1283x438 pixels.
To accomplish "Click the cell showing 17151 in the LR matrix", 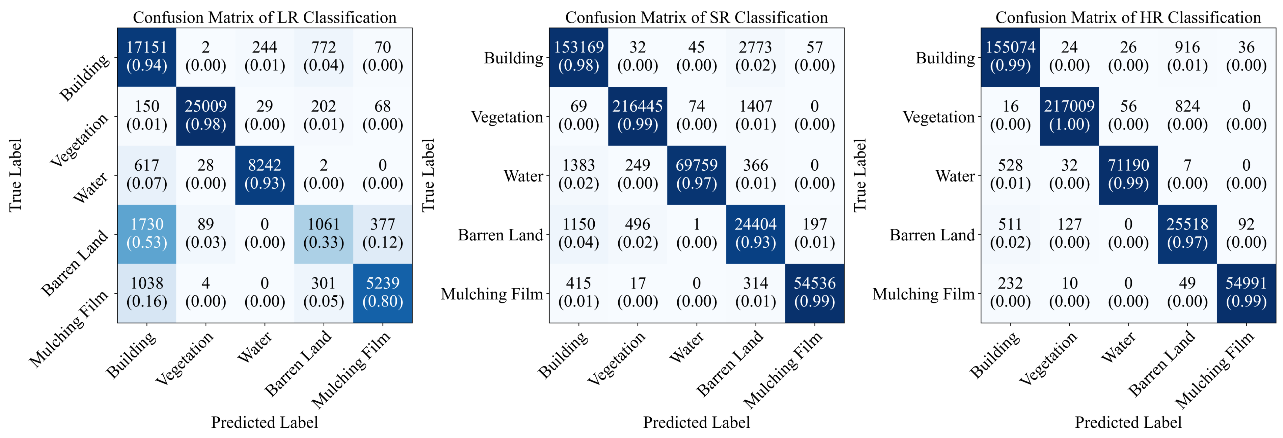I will (146, 57).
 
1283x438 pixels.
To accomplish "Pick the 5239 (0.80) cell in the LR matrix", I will (383, 293).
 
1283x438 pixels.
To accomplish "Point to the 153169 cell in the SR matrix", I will (578, 57).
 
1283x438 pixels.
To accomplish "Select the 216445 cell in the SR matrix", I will (637, 115).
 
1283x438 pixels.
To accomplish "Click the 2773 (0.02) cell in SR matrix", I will (756, 57).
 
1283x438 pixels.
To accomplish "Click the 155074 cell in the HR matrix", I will (1010, 57).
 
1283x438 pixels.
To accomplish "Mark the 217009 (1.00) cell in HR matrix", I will (1069, 115).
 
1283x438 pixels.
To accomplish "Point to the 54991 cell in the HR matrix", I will (1246, 293).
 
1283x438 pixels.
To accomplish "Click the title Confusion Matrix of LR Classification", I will (265, 18).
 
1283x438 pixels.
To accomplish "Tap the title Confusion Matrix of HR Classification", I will (1128, 18).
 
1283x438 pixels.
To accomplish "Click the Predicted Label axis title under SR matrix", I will (696, 423).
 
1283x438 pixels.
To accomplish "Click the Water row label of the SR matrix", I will (523, 176).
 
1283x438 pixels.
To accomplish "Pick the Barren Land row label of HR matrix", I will (932, 235).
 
